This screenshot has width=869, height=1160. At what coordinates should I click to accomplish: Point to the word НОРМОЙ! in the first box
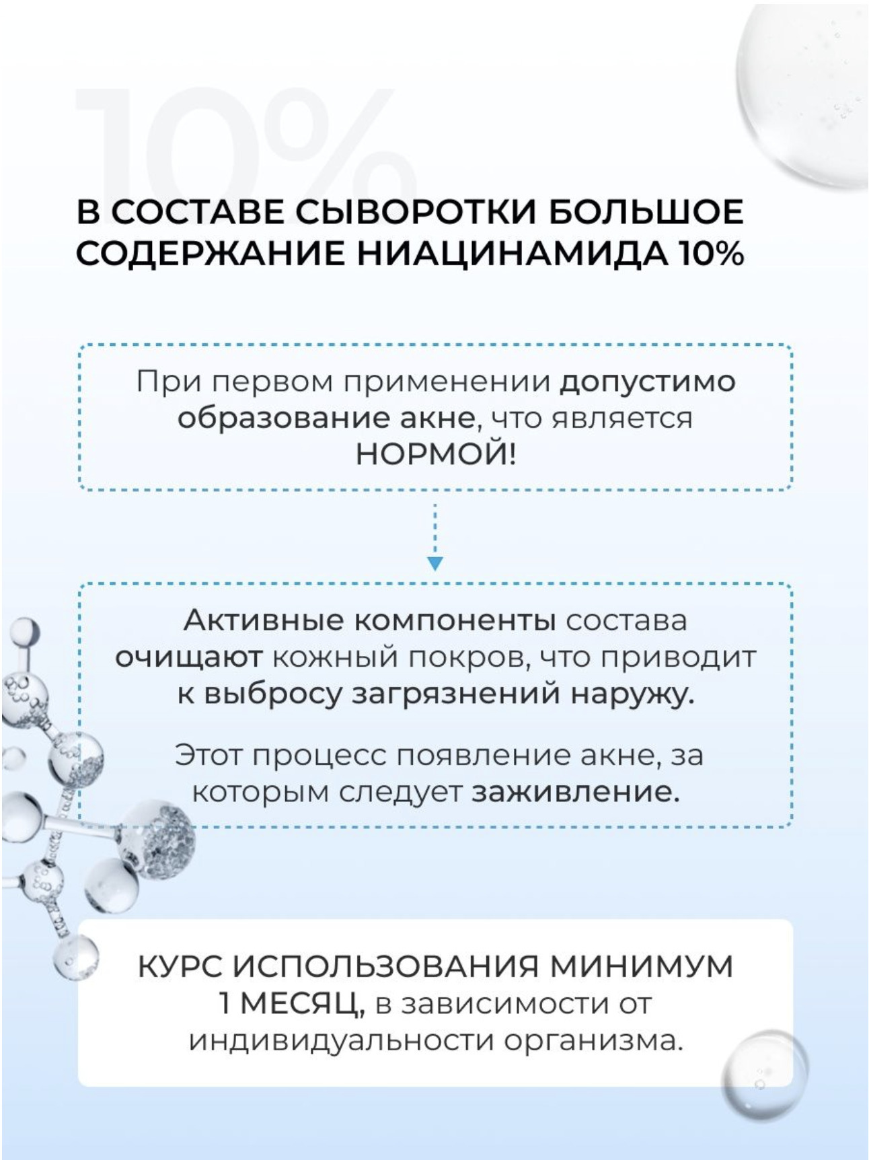(436, 456)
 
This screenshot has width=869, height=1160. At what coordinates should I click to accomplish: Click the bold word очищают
(188, 657)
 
